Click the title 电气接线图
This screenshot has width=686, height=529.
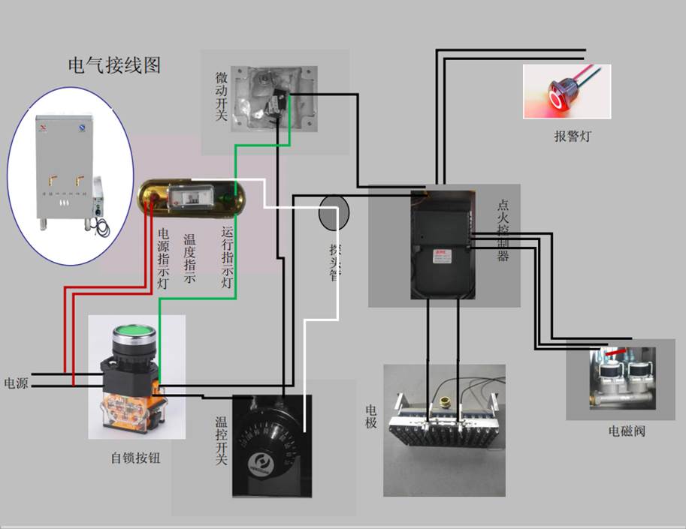click(114, 65)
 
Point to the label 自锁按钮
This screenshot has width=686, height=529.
click(135, 458)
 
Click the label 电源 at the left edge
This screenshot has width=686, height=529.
click(16, 383)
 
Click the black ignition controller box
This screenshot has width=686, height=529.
click(443, 244)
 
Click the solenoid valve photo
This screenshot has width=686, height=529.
click(620, 379)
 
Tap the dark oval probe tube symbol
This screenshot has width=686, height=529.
click(334, 215)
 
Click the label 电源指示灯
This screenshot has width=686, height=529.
click(162, 258)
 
